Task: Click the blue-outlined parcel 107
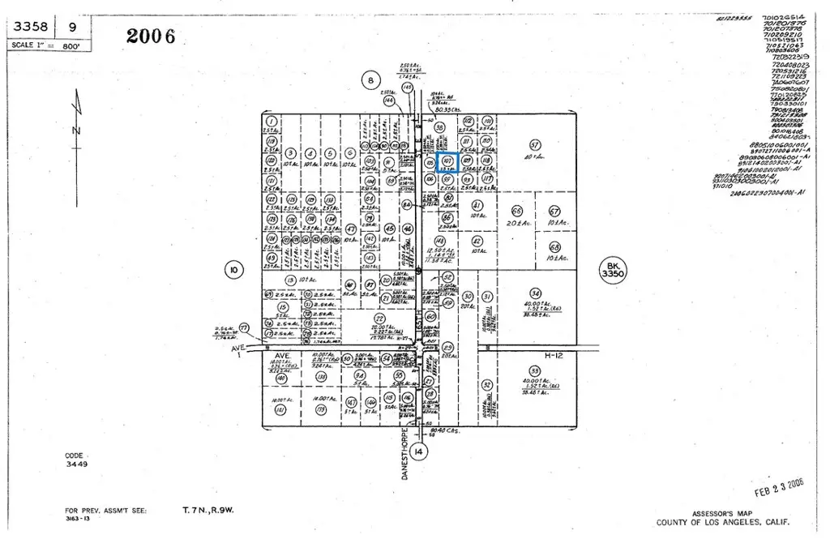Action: point(447,162)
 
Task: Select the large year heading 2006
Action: point(151,36)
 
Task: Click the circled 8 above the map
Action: point(370,79)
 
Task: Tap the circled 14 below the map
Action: point(418,451)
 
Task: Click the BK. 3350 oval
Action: point(614,271)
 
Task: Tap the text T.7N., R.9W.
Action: point(208,511)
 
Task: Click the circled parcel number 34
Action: point(534,293)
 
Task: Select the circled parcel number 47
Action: point(351,229)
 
